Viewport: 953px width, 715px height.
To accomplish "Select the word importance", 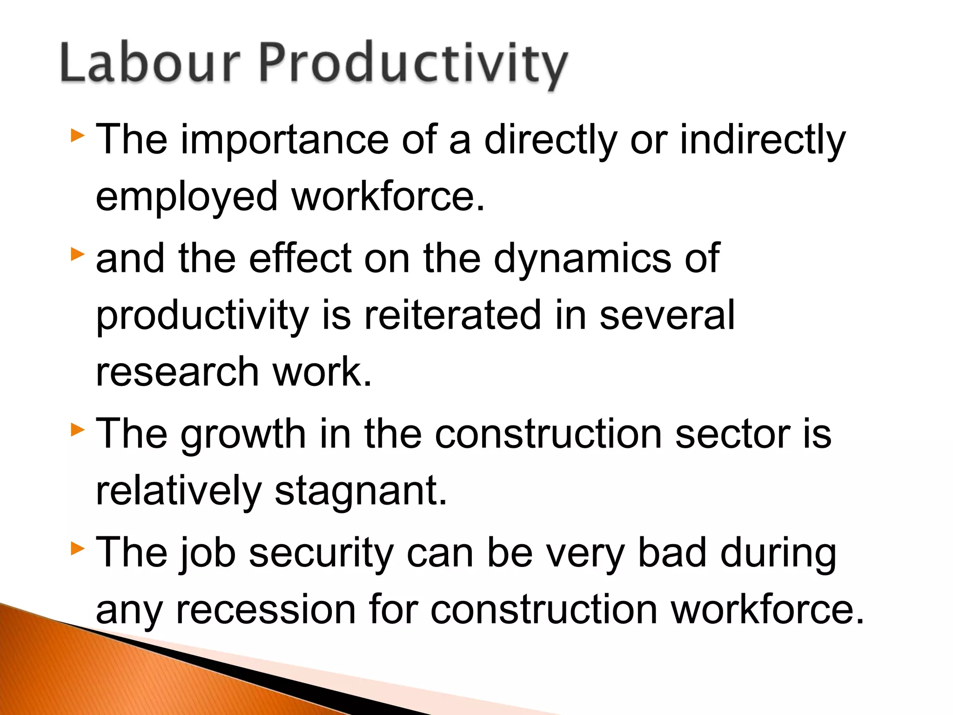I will pos(284,139).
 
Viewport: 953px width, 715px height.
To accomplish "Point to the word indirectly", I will pos(763,140).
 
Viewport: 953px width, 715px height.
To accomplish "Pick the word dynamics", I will pos(582,259).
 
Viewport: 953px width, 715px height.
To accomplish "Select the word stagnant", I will pos(361,491).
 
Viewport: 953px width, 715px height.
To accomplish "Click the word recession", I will pos(266,609).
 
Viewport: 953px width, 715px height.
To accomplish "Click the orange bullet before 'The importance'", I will pos(78,136).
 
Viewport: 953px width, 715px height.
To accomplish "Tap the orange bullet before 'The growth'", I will pos(78,430).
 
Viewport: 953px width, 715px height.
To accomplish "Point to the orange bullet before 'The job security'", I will pos(78,549).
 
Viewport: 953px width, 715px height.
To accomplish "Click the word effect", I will pos(300,258).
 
